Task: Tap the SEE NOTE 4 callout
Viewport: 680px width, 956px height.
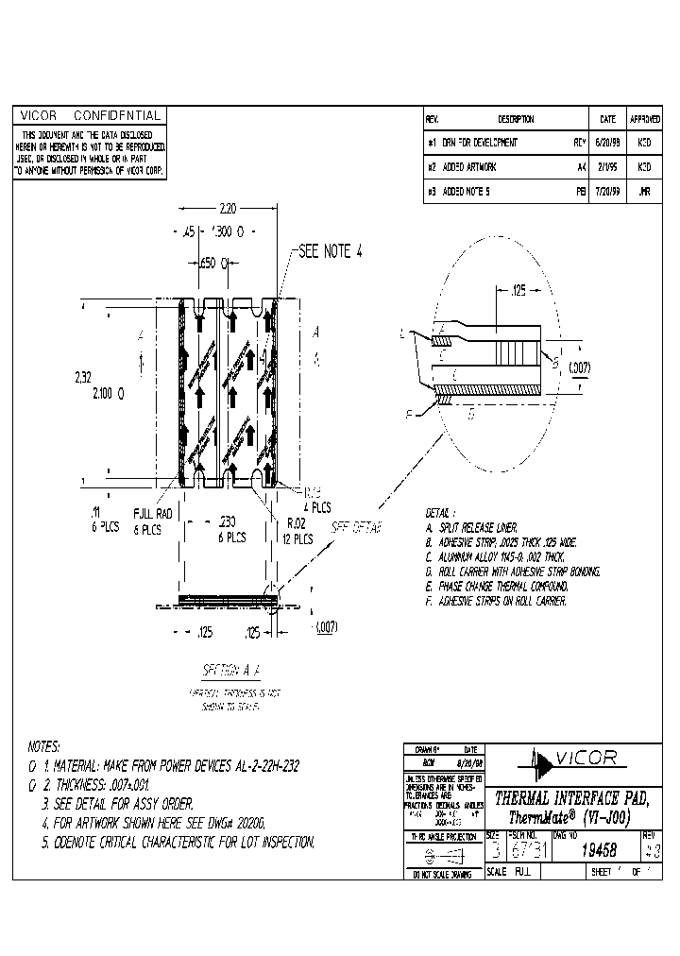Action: tap(331, 251)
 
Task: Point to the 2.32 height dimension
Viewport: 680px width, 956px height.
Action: tap(84, 376)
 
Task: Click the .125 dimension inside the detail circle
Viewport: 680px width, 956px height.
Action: tap(518, 294)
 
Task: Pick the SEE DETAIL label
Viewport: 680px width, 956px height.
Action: tap(355, 528)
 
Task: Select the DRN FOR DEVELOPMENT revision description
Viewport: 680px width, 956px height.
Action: tap(480, 143)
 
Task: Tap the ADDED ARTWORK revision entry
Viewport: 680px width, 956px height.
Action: tap(469, 166)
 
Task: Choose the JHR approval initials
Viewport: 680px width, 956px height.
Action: tap(644, 191)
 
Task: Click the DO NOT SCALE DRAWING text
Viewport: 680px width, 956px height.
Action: tap(441, 876)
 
